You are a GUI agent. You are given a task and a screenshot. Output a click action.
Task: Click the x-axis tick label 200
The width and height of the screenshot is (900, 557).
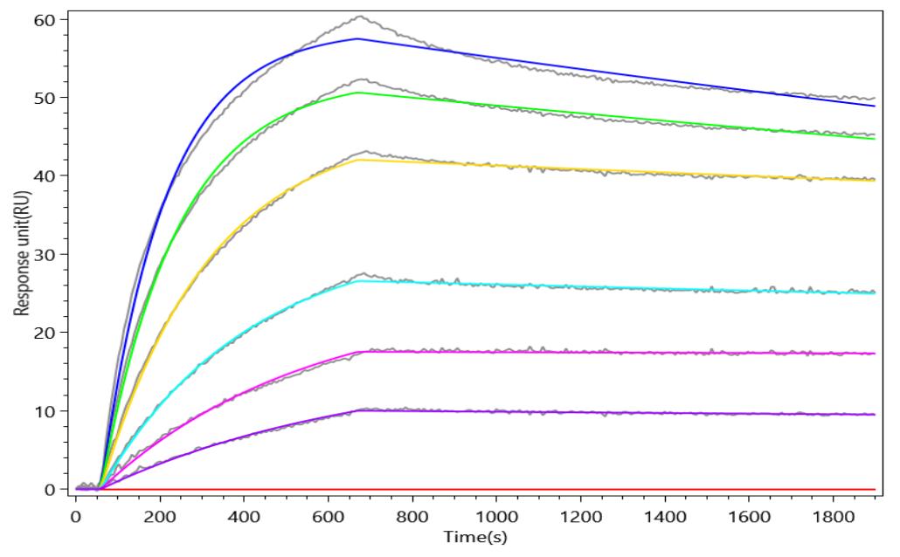coord(160,517)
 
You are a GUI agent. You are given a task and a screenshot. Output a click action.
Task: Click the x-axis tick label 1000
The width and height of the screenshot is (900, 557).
coord(499,517)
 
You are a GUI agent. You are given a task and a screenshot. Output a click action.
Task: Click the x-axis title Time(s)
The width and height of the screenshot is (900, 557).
coord(474,536)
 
